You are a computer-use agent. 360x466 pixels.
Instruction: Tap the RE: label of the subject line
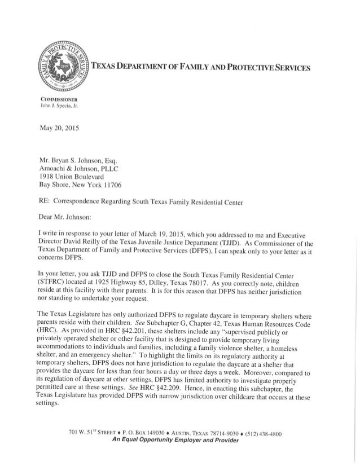coord(42,199)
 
